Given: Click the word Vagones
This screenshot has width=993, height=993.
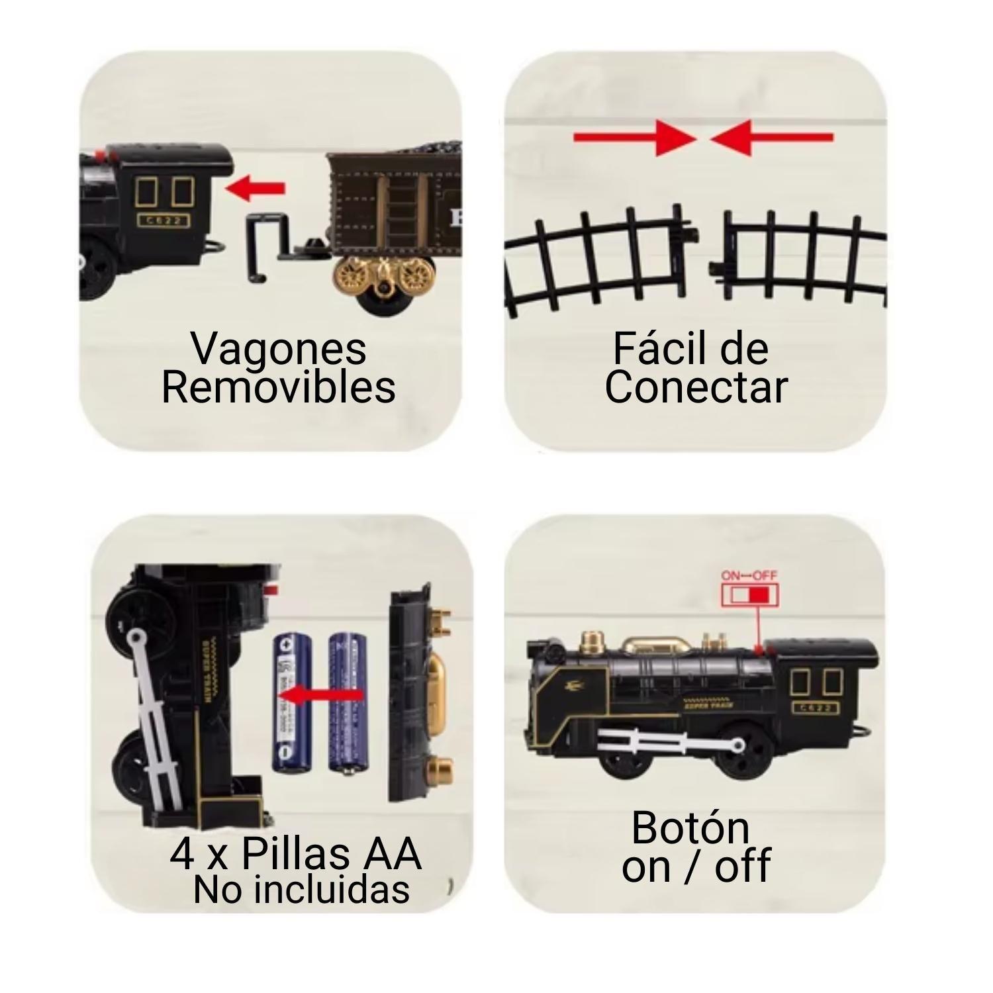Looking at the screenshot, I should (278, 349).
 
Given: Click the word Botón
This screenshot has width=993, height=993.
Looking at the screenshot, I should (690, 827).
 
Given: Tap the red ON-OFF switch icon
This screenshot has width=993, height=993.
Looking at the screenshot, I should (750, 594).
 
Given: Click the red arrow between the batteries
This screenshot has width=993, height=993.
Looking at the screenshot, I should (320, 695).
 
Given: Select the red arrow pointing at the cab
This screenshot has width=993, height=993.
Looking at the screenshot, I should (255, 189).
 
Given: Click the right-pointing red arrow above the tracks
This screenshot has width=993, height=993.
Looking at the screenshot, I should (634, 138).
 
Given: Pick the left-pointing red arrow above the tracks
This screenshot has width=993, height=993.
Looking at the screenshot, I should (772, 138).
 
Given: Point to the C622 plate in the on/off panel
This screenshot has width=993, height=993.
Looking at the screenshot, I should (816, 708).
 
